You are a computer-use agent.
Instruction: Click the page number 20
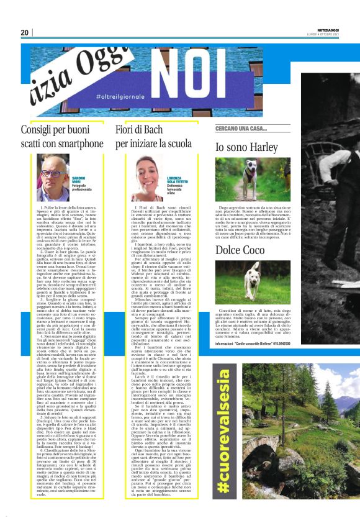click(24, 32)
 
